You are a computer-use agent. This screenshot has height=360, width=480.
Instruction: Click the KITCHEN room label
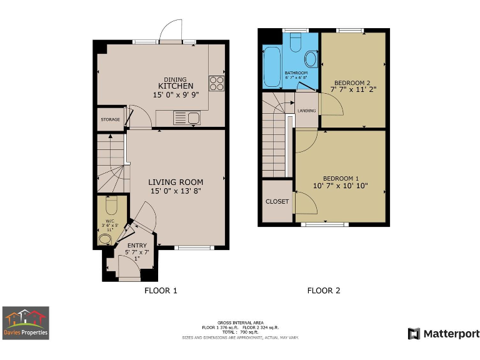(175, 86)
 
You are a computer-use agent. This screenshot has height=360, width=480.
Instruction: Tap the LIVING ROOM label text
(175, 182)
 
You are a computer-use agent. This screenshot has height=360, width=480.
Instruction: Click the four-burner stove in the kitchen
(216, 83)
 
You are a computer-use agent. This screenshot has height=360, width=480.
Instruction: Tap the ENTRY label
(137, 246)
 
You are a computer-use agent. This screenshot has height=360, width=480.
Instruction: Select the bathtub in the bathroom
(272, 67)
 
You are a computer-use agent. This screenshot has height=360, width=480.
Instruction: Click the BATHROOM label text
(296, 73)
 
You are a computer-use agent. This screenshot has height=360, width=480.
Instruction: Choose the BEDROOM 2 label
(352, 82)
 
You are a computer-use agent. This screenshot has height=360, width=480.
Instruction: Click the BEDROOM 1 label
(341, 177)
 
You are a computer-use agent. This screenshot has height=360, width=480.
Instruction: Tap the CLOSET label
(277, 201)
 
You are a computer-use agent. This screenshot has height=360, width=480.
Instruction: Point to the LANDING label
(306, 111)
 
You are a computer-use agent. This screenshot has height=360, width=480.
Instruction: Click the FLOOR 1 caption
(161, 291)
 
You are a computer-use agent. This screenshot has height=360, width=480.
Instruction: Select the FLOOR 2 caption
(324, 291)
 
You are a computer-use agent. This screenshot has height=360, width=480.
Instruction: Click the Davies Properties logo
(26, 323)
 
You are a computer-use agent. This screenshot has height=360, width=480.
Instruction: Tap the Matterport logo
(444, 334)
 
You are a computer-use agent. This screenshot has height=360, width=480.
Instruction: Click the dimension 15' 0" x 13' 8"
(176, 191)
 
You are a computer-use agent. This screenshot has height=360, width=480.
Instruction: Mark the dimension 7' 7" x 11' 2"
(352, 90)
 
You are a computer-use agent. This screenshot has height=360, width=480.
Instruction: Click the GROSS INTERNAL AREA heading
(240, 322)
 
